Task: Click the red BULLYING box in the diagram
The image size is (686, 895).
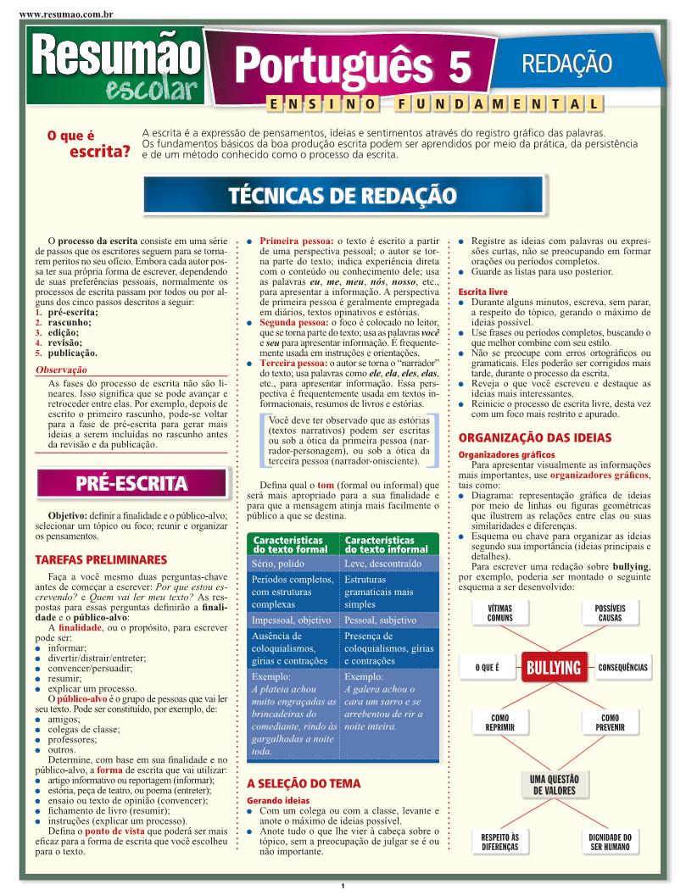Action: tap(555, 668)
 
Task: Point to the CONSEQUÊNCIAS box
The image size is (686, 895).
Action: tap(622, 668)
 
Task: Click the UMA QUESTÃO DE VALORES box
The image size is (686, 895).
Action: tap(554, 785)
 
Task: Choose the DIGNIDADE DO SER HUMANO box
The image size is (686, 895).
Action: tap(610, 842)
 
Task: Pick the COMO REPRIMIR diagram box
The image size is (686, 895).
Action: tap(499, 722)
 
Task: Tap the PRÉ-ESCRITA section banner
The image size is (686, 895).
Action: tap(131, 484)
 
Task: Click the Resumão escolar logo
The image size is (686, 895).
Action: tap(114, 66)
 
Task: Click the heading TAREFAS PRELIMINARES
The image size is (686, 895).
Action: tap(101, 560)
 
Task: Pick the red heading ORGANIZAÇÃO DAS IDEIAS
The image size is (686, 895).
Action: tap(534, 438)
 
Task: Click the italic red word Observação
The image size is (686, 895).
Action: tap(61, 370)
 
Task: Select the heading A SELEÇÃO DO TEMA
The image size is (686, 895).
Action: tap(304, 784)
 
